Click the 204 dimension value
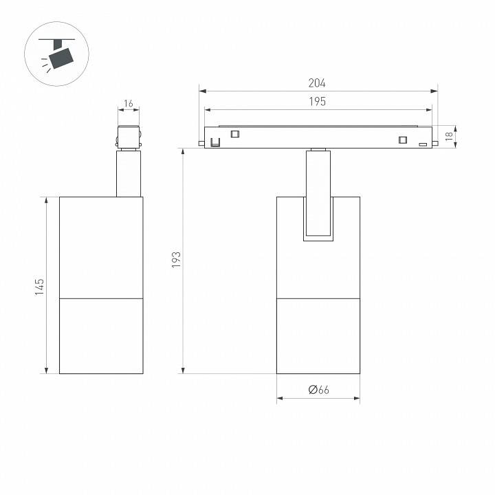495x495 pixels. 317,83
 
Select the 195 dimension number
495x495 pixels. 317,101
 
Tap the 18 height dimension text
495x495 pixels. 449,136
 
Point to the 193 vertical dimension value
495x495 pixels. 176,260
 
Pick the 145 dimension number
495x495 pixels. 39,287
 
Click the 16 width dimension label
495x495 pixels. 128,104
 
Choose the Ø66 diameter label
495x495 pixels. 318,390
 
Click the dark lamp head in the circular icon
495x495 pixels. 61,58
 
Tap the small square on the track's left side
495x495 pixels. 234,134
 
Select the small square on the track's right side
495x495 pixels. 402,140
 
